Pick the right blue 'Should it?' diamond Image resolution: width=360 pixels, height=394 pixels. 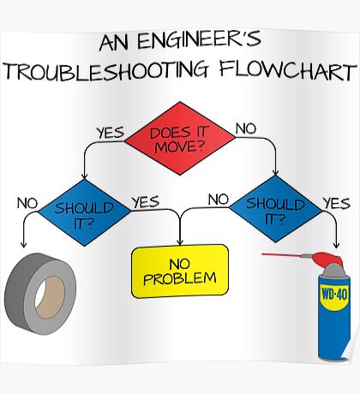275,207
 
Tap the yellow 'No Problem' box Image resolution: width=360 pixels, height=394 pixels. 180,270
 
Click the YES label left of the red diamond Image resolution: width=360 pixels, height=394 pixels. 110,132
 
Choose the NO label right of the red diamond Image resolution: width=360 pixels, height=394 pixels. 246,128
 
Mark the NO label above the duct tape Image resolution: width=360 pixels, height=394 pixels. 27,203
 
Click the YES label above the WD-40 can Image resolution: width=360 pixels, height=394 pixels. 336,203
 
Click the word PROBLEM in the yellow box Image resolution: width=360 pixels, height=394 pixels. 180,278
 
